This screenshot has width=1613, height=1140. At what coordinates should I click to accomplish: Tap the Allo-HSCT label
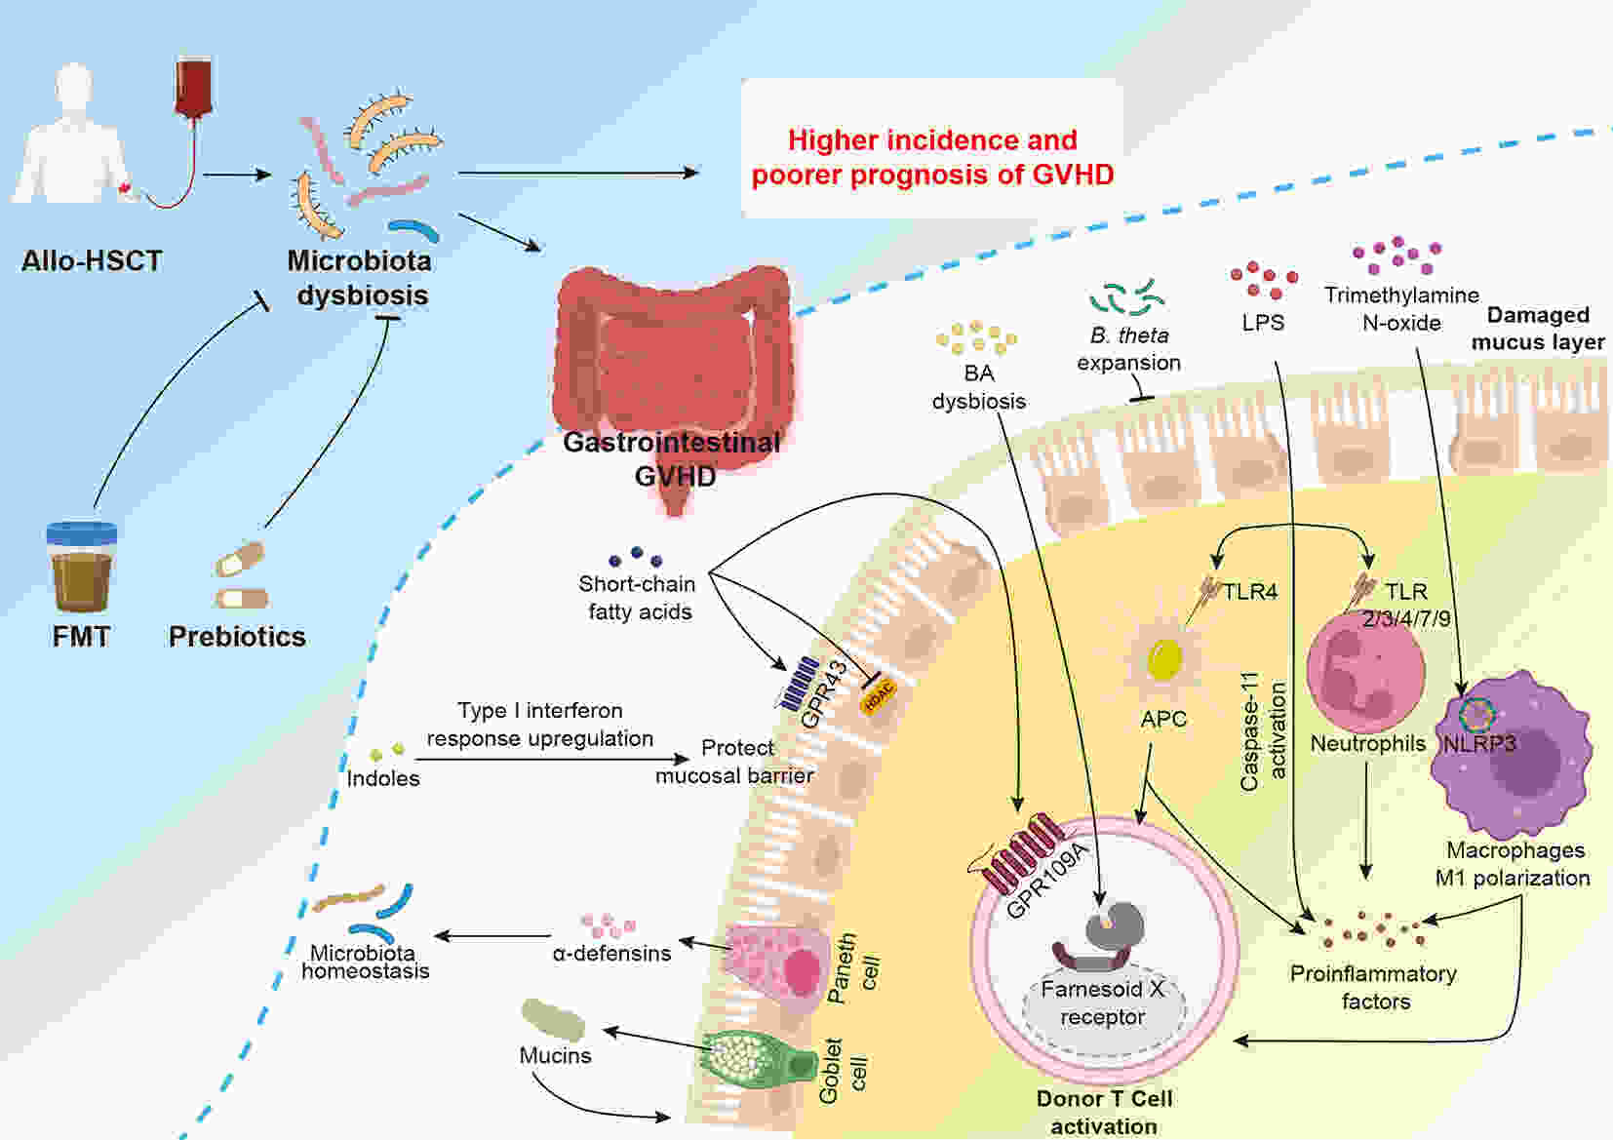92,260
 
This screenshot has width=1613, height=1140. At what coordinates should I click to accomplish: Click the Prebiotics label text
237,636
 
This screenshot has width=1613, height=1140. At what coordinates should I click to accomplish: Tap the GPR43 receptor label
824,694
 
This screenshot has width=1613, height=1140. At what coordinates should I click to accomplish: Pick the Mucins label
555,1055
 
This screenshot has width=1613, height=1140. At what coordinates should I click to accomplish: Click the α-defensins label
611,953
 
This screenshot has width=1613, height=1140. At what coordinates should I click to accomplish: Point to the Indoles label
383,778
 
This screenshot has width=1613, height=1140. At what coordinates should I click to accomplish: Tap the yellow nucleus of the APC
1163,659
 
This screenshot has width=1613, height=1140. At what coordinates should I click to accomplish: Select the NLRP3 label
1479,744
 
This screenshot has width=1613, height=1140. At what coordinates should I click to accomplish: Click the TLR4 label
1250,591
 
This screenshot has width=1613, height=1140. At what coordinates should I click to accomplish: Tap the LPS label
1263,323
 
